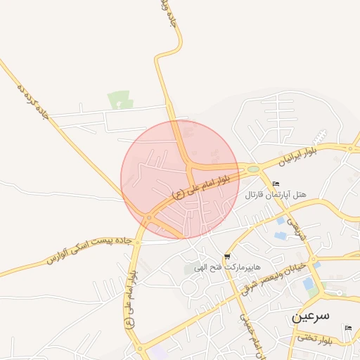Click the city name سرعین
point(310,317)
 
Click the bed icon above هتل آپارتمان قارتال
point(275,184)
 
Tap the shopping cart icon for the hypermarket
point(226,256)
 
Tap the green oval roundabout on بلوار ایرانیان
point(251,169)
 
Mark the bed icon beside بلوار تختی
point(347,328)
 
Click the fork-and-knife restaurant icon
point(321,134)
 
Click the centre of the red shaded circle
point(179,179)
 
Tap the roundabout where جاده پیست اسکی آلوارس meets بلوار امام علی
point(148,219)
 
